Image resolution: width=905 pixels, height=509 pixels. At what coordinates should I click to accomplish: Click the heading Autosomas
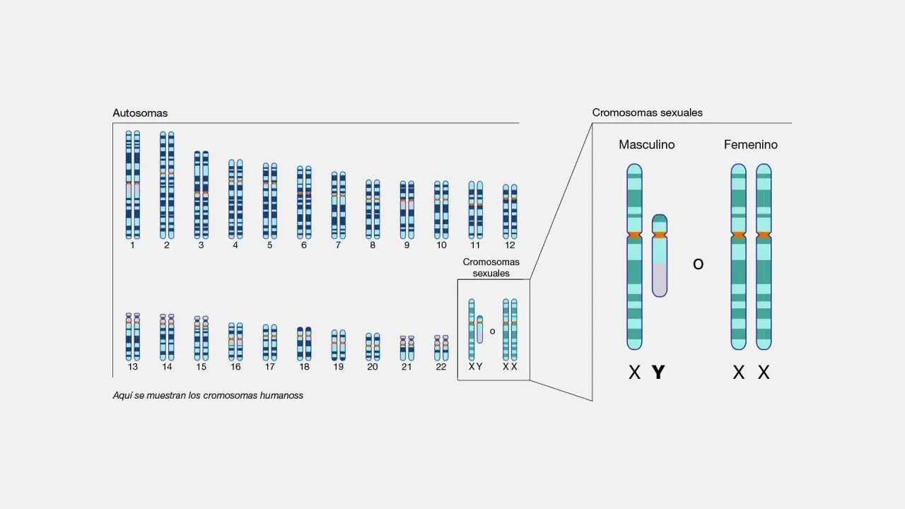[x=140, y=113]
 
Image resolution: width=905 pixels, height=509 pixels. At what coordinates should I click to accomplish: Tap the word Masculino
[x=646, y=145]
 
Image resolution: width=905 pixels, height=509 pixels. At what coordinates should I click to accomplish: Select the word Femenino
[x=751, y=145]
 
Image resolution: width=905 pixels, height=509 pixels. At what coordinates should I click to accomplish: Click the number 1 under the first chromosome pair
[x=132, y=245]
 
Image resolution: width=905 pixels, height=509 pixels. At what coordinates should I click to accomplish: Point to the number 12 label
[x=510, y=245]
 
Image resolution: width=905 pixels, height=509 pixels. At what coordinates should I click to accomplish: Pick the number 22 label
[x=440, y=367]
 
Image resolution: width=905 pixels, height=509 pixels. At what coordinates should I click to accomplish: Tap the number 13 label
[x=132, y=367]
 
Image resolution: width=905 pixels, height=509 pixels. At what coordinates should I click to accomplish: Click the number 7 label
[x=338, y=245]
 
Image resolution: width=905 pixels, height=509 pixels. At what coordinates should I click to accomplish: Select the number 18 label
[x=304, y=367]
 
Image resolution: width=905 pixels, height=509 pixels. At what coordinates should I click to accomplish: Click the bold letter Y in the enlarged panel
[x=658, y=373]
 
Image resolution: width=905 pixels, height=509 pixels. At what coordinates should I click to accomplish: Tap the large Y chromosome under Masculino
[x=660, y=256]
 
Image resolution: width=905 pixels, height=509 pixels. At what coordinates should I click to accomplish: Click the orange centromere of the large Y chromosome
[x=660, y=235]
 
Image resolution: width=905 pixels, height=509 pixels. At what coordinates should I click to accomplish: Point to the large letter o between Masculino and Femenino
[x=698, y=264]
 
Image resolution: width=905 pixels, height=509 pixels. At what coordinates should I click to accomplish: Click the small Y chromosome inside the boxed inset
[x=479, y=329]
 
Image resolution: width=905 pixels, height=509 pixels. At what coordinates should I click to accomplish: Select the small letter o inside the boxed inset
[x=492, y=332]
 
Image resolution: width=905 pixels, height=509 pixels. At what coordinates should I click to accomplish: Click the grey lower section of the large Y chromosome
[x=660, y=280]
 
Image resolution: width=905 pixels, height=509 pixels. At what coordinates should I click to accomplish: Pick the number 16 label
[x=235, y=367]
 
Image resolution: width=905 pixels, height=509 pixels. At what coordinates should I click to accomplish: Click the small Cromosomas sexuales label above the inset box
[x=491, y=267]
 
